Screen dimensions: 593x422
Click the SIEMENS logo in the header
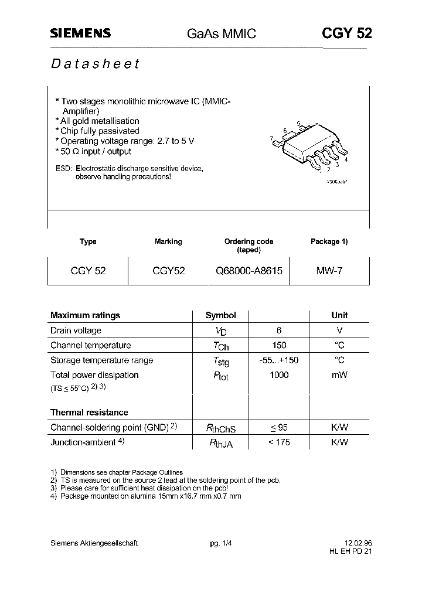[x=80, y=34]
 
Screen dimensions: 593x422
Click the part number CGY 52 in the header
[x=346, y=33]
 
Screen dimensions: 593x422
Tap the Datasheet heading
[x=94, y=64]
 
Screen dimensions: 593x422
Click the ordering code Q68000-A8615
[x=249, y=271]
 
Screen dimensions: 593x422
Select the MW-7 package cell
[x=329, y=271]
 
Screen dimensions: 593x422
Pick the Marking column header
[x=168, y=241]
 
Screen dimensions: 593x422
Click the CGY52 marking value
[x=168, y=271]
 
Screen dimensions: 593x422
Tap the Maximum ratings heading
[x=85, y=315]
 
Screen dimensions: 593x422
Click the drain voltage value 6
[x=279, y=330]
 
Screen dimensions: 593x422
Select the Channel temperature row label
[x=90, y=345]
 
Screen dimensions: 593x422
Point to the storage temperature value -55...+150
[x=279, y=360]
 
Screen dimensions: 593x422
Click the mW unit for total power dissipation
[x=339, y=375]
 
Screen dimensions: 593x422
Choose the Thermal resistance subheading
[x=89, y=413]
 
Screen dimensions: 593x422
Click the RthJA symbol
[x=220, y=444]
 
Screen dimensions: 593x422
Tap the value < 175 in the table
[x=279, y=442]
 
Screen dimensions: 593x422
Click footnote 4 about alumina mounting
[x=146, y=496]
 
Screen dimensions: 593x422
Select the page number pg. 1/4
[x=220, y=543]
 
